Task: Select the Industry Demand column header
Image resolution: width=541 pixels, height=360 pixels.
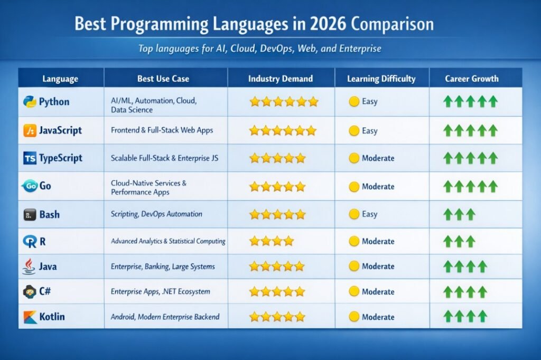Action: click(281, 79)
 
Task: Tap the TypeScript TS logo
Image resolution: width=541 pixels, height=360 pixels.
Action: click(30, 158)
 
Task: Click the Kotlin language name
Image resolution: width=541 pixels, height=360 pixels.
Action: click(52, 317)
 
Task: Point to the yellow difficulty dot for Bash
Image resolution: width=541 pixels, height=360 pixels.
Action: click(355, 214)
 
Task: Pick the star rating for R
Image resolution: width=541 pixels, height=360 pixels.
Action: click(271, 241)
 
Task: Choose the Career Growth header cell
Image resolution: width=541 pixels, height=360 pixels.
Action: click(471, 79)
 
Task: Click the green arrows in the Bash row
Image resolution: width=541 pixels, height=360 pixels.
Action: click(459, 214)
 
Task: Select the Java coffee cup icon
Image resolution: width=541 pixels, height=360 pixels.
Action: click(30, 266)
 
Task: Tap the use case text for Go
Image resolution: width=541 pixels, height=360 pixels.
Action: click(148, 187)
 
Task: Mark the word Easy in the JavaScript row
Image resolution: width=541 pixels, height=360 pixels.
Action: click(370, 130)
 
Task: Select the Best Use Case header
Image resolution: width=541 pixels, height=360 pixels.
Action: click(163, 79)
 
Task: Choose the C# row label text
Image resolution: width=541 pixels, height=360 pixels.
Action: click(45, 291)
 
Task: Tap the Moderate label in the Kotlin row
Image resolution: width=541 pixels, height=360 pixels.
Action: click(378, 317)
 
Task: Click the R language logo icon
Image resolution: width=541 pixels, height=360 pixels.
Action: click(30, 242)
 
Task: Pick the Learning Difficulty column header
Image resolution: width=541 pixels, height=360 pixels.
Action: click(381, 79)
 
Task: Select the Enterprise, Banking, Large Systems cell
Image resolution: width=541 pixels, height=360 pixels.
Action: click(163, 267)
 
